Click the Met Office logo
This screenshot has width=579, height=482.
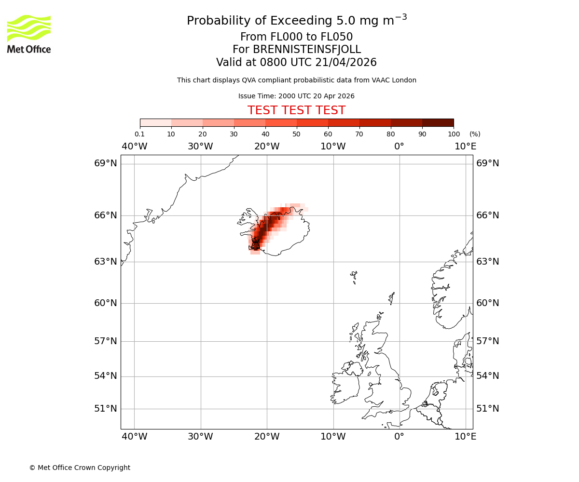[x=29, y=34]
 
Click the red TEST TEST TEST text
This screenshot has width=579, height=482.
[x=296, y=110]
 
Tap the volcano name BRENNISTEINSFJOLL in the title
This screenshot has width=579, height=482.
[x=296, y=50]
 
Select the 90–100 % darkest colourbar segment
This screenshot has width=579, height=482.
[x=438, y=122]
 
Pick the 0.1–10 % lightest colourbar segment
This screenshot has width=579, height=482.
[x=156, y=122]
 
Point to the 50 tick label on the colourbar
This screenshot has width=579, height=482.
[x=296, y=134]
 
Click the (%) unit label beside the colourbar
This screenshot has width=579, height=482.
[x=475, y=134]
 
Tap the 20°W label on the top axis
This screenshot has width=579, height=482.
[x=267, y=146]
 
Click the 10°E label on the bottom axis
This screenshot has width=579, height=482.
[x=465, y=437]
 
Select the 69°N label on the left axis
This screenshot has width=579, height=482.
[x=105, y=163]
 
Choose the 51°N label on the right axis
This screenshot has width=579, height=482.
[x=488, y=409]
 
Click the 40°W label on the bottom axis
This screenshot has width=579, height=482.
[x=134, y=437]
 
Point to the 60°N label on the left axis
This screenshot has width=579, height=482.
[x=105, y=303]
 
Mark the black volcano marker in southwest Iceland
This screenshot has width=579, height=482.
[x=255, y=243]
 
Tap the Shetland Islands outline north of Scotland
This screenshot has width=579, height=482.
[x=392, y=298]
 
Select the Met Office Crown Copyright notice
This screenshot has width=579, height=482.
[x=80, y=468]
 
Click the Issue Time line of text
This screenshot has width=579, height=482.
[x=296, y=96]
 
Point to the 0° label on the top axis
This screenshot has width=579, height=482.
[x=399, y=146]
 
